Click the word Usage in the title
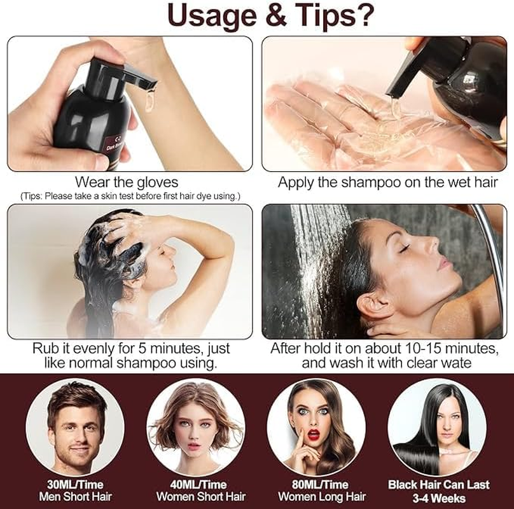click(205, 17)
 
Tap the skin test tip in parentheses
click(130, 195)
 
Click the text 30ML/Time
click(75, 485)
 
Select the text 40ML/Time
click(201, 485)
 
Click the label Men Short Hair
click(75, 497)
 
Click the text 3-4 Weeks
click(438, 498)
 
